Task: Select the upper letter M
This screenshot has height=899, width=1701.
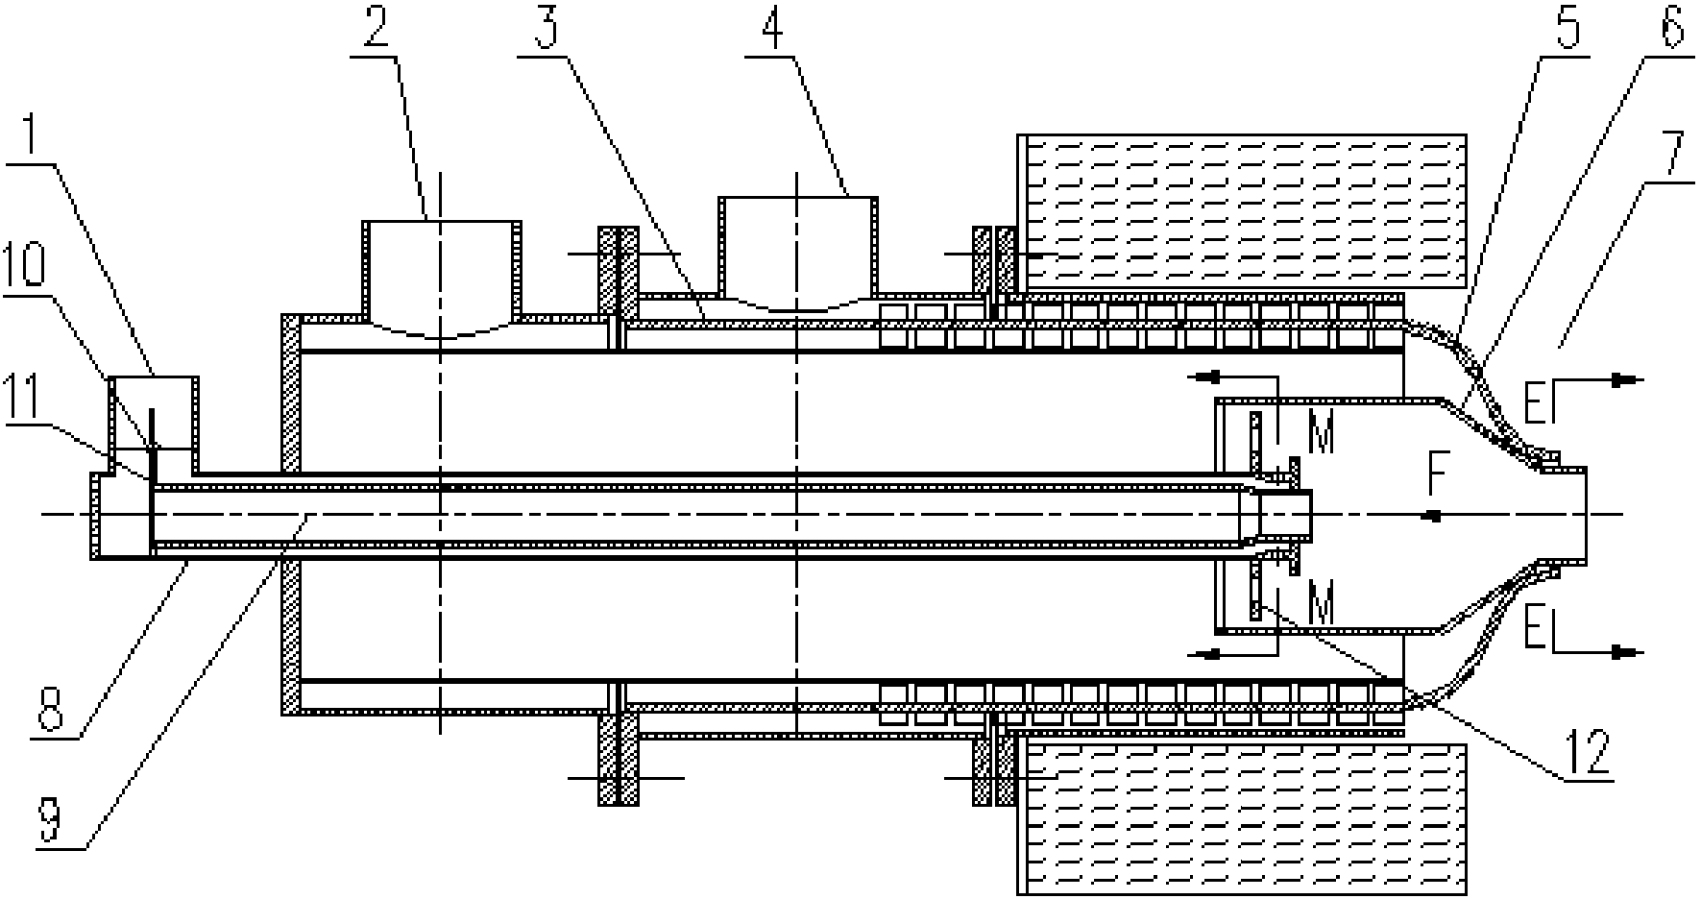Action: [1322, 436]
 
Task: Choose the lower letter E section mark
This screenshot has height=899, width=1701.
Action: [1534, 633]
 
